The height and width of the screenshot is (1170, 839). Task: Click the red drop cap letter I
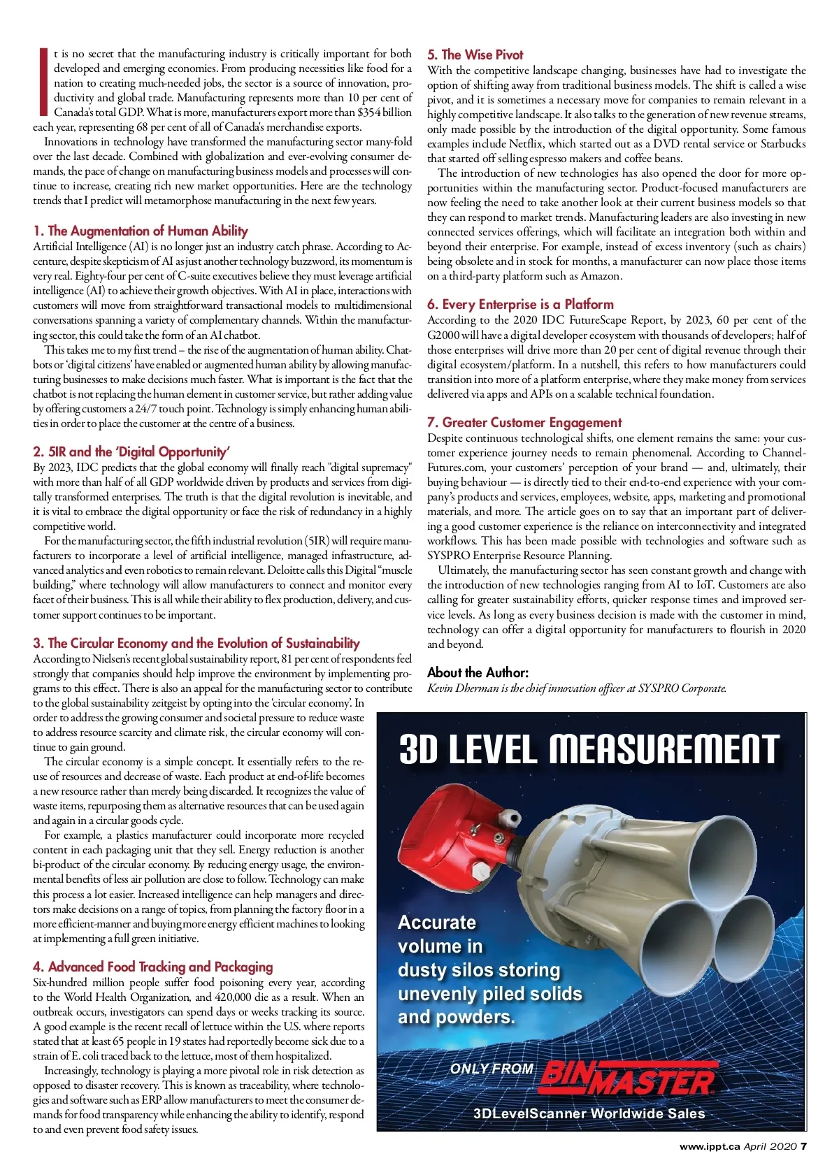click(x=43, y=82)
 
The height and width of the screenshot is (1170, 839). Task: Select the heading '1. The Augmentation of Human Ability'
click(x=141, y=231)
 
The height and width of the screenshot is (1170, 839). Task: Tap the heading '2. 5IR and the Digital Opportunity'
click(x=131, y=452)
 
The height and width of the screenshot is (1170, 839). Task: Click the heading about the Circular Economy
click(x=196, y=643)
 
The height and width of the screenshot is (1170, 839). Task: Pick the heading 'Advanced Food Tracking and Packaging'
click(x=153, y=967)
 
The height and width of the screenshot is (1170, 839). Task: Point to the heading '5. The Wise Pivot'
click(x=475, y=55)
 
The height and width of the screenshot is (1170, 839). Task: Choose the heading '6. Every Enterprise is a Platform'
click(x=521, y=304)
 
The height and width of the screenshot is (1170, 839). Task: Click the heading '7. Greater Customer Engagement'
click(x=524, y=422)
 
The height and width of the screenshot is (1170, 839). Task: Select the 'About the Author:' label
click(x=478, y=672)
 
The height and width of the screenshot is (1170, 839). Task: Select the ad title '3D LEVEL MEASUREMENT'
click(x=589, y=750)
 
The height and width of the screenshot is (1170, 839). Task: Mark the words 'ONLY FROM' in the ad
click(x=492, y=1069)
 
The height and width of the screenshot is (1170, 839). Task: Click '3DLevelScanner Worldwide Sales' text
click(x=589, y=1113)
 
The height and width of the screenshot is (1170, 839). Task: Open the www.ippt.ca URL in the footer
click(x=710, y=1146)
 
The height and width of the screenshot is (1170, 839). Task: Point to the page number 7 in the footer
click(x=804, y=1146)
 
